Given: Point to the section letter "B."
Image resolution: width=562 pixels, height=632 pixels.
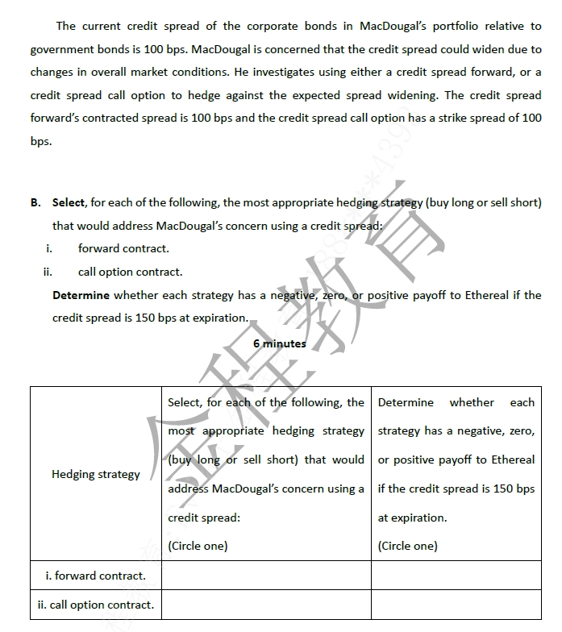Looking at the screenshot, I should point(36,202).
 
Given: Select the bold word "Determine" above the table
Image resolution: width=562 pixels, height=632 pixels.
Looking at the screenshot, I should point(81,295).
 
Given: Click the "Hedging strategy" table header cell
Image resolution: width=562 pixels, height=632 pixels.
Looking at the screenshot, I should point(96,474).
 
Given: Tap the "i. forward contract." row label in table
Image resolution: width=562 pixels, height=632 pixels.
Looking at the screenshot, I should point(96,576).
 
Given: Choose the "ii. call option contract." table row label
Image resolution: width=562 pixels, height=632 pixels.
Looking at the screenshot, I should point(96,605).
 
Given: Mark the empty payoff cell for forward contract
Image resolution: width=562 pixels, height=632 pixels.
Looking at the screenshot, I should point(456,576).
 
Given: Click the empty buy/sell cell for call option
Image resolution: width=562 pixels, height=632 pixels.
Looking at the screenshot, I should point(266,605).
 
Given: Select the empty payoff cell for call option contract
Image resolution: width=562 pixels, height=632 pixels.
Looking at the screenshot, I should point(456,605).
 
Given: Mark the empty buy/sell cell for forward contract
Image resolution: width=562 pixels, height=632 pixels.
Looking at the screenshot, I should point(266,576).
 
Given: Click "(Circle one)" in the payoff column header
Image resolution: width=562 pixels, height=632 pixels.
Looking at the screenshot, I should point(408,546).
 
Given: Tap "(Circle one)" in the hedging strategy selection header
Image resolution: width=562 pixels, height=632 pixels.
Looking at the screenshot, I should point(198,546).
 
